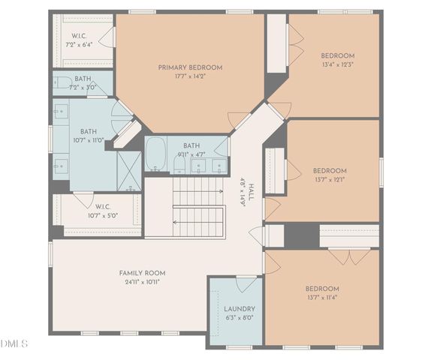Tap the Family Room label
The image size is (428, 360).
tap(142, 272)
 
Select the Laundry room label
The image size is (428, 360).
tap(240, 308)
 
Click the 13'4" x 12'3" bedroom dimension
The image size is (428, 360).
tap(337, 64)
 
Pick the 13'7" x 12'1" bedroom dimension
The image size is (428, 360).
tap(330, 179)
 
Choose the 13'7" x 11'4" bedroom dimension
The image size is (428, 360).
tap(321, 297)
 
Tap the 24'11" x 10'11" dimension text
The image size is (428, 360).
tap(142, 281)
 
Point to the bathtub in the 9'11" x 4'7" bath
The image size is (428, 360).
tap(155, 154)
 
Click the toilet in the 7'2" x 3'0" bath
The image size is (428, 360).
tap(63, 82)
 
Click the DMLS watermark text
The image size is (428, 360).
tap(14, 343)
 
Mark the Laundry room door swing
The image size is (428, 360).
tap(246, 284)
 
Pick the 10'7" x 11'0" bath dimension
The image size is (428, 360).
tap(89, 140)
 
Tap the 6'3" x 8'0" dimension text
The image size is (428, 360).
tap(240, 317)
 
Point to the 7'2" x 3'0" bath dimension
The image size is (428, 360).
tap(83, 88)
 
